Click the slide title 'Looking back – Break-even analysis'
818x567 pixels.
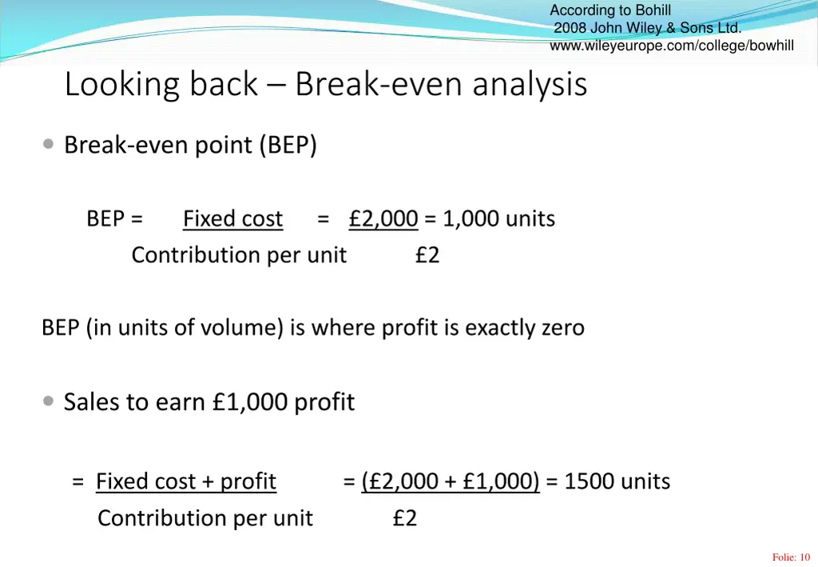[325, 85]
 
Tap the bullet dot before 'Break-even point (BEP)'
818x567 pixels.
[50, 145]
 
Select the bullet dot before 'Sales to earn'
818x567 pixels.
[50, 401]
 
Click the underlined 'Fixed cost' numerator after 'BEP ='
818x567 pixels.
[232, 218]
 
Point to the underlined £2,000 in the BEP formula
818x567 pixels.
[383, 218]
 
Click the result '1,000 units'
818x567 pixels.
[499, 218]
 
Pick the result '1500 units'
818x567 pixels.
[617, 481]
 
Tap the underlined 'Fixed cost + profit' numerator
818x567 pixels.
[186, 481]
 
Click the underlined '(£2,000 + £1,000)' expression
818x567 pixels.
[451, 481]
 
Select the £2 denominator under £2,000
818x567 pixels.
[427, 255]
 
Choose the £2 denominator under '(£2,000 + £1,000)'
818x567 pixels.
[405, 518]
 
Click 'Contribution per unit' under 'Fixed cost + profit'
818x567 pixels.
[205, 518]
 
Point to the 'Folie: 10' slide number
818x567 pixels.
[791, 557]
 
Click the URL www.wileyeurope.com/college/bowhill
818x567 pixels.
[672, 46]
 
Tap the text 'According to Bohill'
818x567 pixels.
[610, 10]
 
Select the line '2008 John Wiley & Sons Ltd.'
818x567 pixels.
[647, 28]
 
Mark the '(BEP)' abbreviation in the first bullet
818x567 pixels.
[288, 146]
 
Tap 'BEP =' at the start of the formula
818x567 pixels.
[115, 218]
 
